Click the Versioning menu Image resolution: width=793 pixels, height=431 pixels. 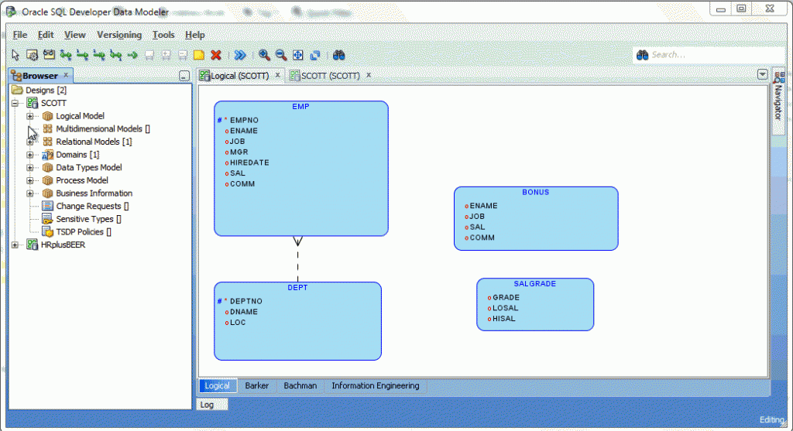pos(118,35)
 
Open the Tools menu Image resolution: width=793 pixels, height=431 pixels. pos(163,35)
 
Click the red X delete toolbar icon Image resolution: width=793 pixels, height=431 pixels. pos(216,55)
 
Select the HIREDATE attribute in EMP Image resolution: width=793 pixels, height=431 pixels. pos(249,162)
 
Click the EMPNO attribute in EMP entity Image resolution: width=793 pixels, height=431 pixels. pos(244,120)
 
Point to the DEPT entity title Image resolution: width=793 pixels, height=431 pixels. pos(297,288)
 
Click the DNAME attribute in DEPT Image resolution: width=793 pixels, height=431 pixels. pos(244,312)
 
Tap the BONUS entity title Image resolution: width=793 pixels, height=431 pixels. pos(536,192)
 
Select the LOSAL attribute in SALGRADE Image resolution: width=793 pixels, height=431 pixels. pos(505,308)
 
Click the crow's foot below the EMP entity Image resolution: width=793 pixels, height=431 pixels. pos(298,241)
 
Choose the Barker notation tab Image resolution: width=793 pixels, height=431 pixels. pos(257,385)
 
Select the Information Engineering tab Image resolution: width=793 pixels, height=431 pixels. pos(376,385)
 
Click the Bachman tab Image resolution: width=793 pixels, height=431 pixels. pos(300,385)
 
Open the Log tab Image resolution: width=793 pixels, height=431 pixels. pos(207,405)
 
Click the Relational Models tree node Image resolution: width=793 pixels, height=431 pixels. pos(94,142)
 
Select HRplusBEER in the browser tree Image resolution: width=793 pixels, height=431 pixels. pos(64,245)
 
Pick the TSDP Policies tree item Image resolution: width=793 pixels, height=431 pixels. pos(84,232)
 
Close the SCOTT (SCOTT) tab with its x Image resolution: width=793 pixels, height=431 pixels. pos(369,75)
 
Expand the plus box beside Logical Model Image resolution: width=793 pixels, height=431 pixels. pos(30,116)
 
